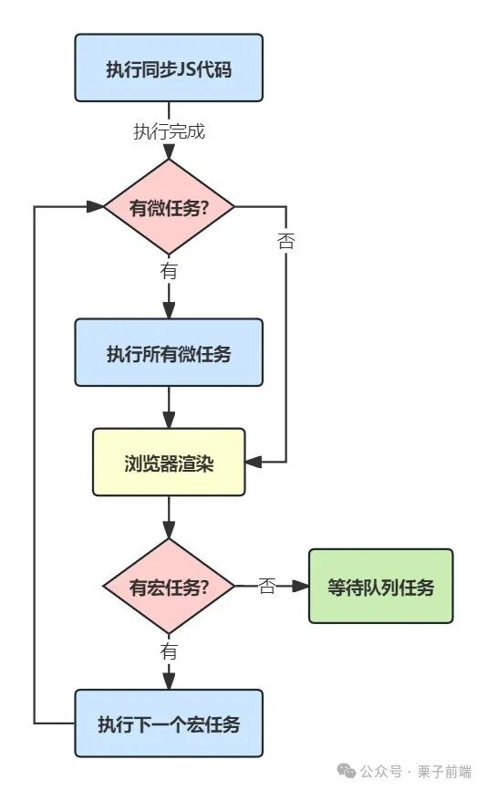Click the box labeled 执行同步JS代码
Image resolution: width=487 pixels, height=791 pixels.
coord(169,68)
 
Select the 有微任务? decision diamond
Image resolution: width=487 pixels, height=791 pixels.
coord(169,206)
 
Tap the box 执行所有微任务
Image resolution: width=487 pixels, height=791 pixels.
coord(169,352)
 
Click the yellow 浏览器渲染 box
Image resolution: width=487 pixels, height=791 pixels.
coord(169,462)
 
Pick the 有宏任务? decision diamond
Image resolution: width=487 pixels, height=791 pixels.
coord(169,586)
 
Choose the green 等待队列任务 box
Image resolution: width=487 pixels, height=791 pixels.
coord(380,586)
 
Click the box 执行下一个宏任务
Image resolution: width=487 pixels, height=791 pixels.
coord(169,724)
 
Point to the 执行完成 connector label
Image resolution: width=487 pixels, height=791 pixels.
coord(169,131)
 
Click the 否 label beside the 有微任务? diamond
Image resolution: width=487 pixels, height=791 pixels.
coord(285,242)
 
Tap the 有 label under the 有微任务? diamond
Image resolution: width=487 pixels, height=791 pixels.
coord(169,271)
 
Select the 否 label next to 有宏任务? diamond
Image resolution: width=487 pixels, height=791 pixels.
coord(266,586)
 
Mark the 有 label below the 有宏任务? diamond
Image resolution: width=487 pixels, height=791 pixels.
coord(169,651)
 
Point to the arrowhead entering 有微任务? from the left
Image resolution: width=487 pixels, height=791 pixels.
coord(96,206)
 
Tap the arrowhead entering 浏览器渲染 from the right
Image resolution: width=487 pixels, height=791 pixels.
coord(254,463)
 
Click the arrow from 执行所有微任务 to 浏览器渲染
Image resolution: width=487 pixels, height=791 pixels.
coord(169,407)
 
